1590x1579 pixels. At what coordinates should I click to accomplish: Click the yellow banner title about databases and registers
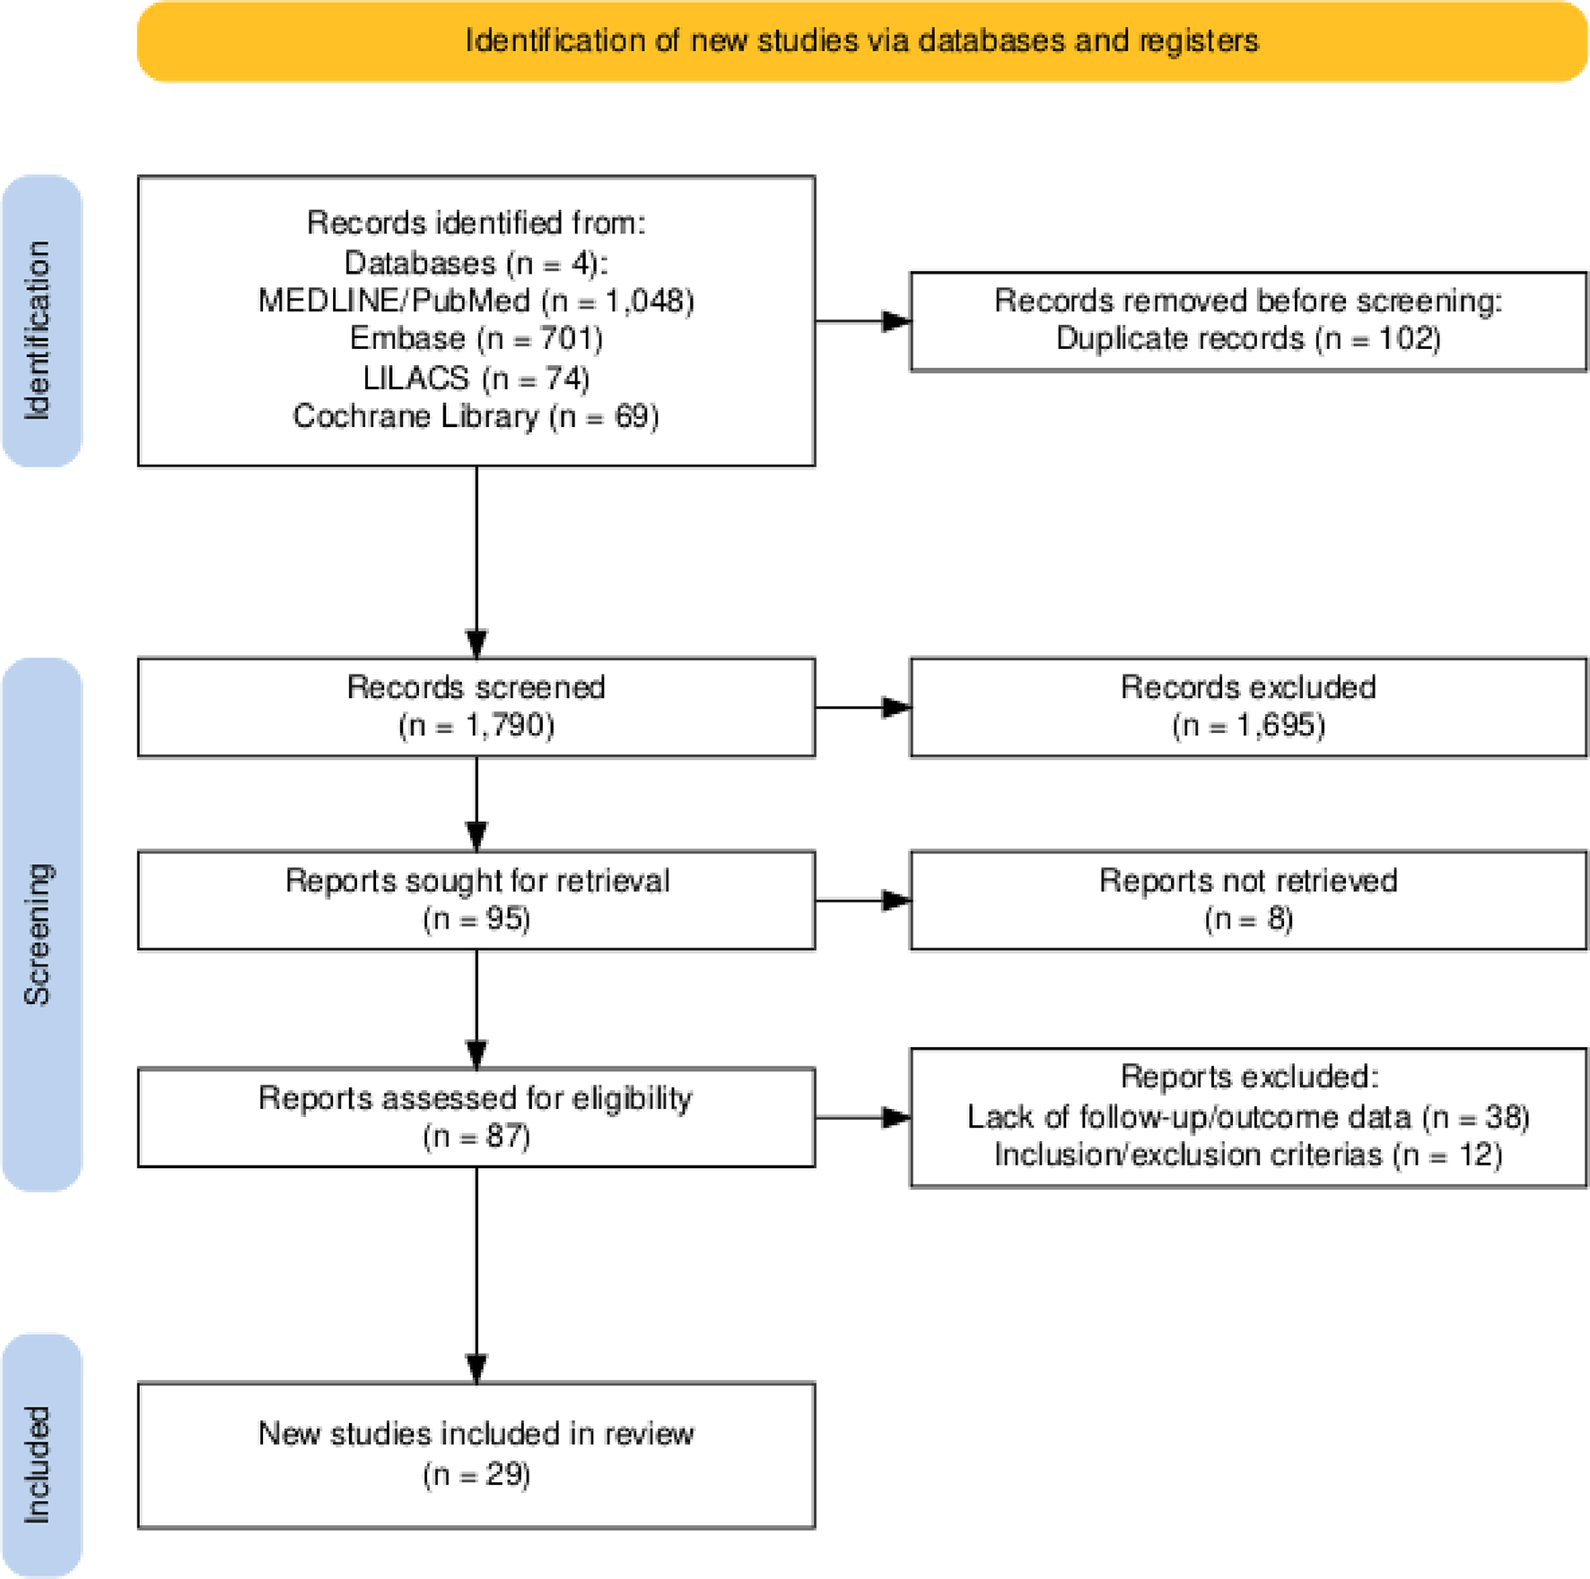[861, 41]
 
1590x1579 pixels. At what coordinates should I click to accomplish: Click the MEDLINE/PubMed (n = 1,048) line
[476, 301]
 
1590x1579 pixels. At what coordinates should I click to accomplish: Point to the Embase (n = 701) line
[476, 339]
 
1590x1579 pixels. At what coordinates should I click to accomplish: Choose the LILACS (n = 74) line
[476, 378]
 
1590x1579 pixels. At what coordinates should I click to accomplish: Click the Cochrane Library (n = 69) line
[476, 416]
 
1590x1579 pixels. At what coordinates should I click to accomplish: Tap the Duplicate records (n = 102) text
[1247, 339]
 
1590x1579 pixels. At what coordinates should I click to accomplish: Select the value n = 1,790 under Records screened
[476, 725]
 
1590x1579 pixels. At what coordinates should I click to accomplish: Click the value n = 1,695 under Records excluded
[1247, 725]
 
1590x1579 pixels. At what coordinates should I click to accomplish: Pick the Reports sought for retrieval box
[476, 900]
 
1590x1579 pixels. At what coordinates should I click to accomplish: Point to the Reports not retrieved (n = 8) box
[1247, 900]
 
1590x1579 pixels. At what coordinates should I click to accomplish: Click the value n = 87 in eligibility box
[476, 1137]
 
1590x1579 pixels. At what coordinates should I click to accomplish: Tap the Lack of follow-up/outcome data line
[1247, 1117]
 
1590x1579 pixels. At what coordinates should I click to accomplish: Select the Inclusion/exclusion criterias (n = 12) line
[1247, 1155]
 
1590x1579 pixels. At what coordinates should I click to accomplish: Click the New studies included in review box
[476, 1454]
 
